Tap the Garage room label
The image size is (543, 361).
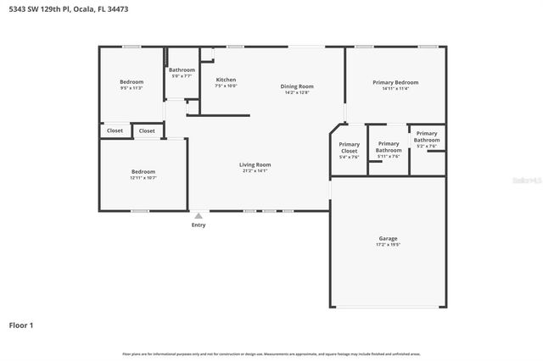pyautogui.click(x=388, y=238)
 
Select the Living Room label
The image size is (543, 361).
pyautogui.click(x=255, y=164)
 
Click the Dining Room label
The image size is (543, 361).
pyautogui.click(x=297, y=86)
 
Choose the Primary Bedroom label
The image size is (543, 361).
pyautogui.click(x=395, y=82)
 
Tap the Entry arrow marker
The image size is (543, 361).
pyautogui.click(x=199, y=216)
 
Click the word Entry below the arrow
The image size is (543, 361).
pyautogui.click(x=199, y=225)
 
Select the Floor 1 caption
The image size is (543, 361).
pyautogui.click(x=21, y=325)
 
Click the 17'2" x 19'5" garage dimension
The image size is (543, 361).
pyautogui.click(x=388, y=245)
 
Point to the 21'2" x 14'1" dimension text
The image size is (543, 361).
pyautogui.click(x=255, y=171)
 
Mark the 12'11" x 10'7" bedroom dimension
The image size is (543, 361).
pyautogui.click(x=143, y=178)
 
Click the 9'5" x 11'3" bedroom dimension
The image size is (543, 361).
pyautogui.click(x=132, y=88)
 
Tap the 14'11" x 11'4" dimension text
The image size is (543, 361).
pyautogui.click(x=395, y=88)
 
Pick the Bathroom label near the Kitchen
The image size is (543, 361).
pyautogui.click(x=182, y=69)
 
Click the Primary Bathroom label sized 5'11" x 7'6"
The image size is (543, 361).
pyautogui.click(x=389, y=147)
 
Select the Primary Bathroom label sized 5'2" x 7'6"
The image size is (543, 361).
pyautogui.click(x=427, y=136)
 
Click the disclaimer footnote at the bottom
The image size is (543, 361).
pyautogui.click(x=271, y=353)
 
